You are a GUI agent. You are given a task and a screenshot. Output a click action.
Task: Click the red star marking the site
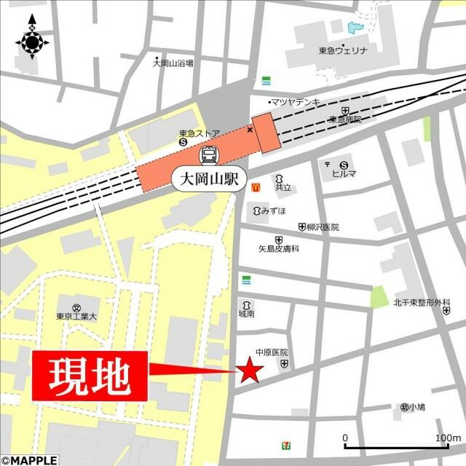click(250, 371)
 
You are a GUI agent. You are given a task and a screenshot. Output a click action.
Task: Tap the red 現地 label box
click(90, 376)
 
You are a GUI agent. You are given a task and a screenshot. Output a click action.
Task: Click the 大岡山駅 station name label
click(210, 178)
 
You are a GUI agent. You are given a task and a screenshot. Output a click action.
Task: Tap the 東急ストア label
click(199, 133)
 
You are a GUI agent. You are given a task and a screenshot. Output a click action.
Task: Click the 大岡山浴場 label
click(173, 63)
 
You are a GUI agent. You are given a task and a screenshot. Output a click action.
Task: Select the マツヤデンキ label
click(300, 102)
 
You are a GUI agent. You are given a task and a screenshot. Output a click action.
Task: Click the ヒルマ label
click(344, 173)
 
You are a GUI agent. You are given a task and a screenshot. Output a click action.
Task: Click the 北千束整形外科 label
click(422, 302)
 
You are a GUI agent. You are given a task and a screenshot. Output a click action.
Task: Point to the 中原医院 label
click(271, 352)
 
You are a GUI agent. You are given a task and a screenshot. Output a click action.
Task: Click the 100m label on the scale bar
click(447, 438)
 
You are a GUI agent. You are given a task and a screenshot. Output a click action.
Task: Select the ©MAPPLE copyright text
click(28, 460)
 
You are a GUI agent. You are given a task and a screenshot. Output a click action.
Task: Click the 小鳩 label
click(416, 407)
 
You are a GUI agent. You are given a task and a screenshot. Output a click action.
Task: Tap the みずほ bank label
click(272, 210)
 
